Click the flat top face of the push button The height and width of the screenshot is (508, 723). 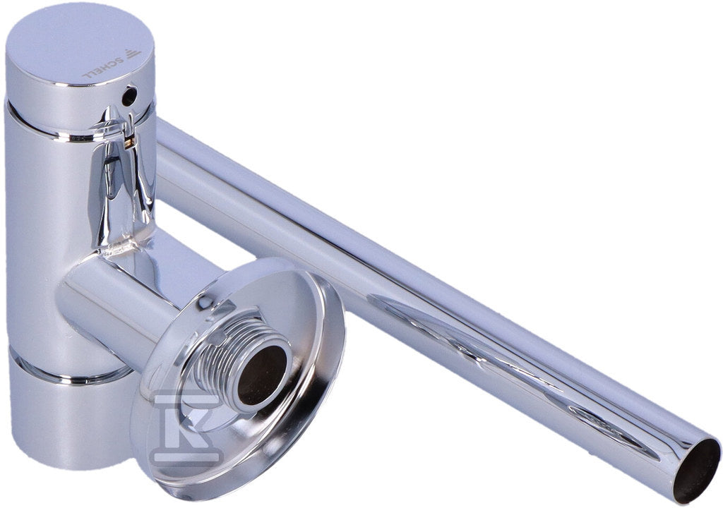[78, 46]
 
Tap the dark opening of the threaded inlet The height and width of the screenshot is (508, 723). [261, 375]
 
